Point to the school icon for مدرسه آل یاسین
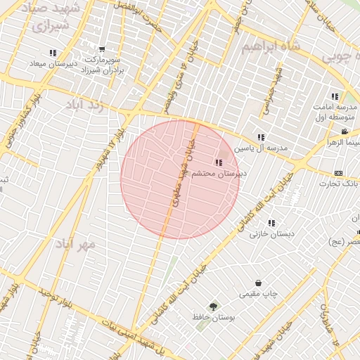tap(261, 138)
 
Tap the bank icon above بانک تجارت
tap(339, 174)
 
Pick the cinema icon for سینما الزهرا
tap(345, 132)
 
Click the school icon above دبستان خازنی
tap(271, 223)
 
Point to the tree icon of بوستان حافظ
tap(213, 307)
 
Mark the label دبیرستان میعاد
tap(52, 64)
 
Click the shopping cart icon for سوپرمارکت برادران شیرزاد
tap(102, 50)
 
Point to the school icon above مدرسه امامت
tap(335, 96)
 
